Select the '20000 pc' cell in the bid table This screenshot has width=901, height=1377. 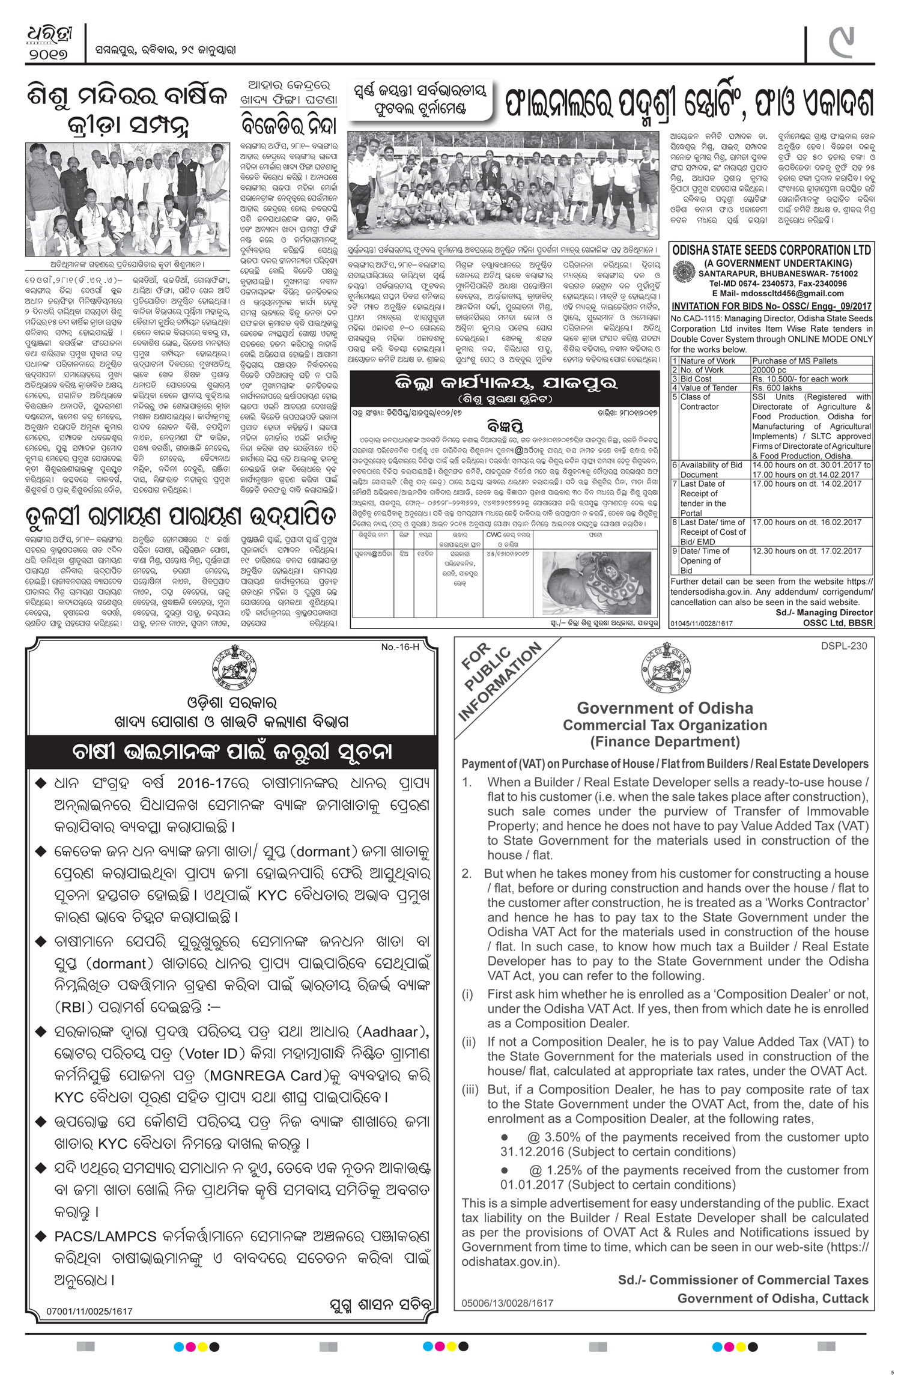coord(769,370)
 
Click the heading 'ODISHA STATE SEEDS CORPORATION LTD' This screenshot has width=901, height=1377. coord(771,250)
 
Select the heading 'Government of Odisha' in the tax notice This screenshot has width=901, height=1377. coord(665,708)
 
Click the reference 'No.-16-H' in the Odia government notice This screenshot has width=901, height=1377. coord(399,647)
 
